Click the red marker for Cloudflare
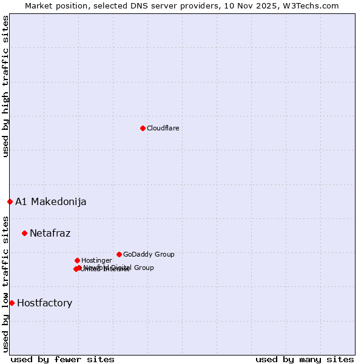coord(143,128)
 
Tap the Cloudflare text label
coord(163,128)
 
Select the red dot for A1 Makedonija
coord(10,201)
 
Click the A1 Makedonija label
coord(50,201)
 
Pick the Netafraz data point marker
coord(24,233)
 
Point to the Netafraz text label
coord(50,233)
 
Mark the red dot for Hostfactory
coord(12,303)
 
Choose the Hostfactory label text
coord(44,303)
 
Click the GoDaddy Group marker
coord(119,254)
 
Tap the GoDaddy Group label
coord(149,254)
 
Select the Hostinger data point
coord(77,260)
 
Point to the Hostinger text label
coord(96,260)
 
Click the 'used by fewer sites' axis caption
coord(62,359)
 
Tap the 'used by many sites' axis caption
coord(305,359)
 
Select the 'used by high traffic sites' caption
coord(5,87)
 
